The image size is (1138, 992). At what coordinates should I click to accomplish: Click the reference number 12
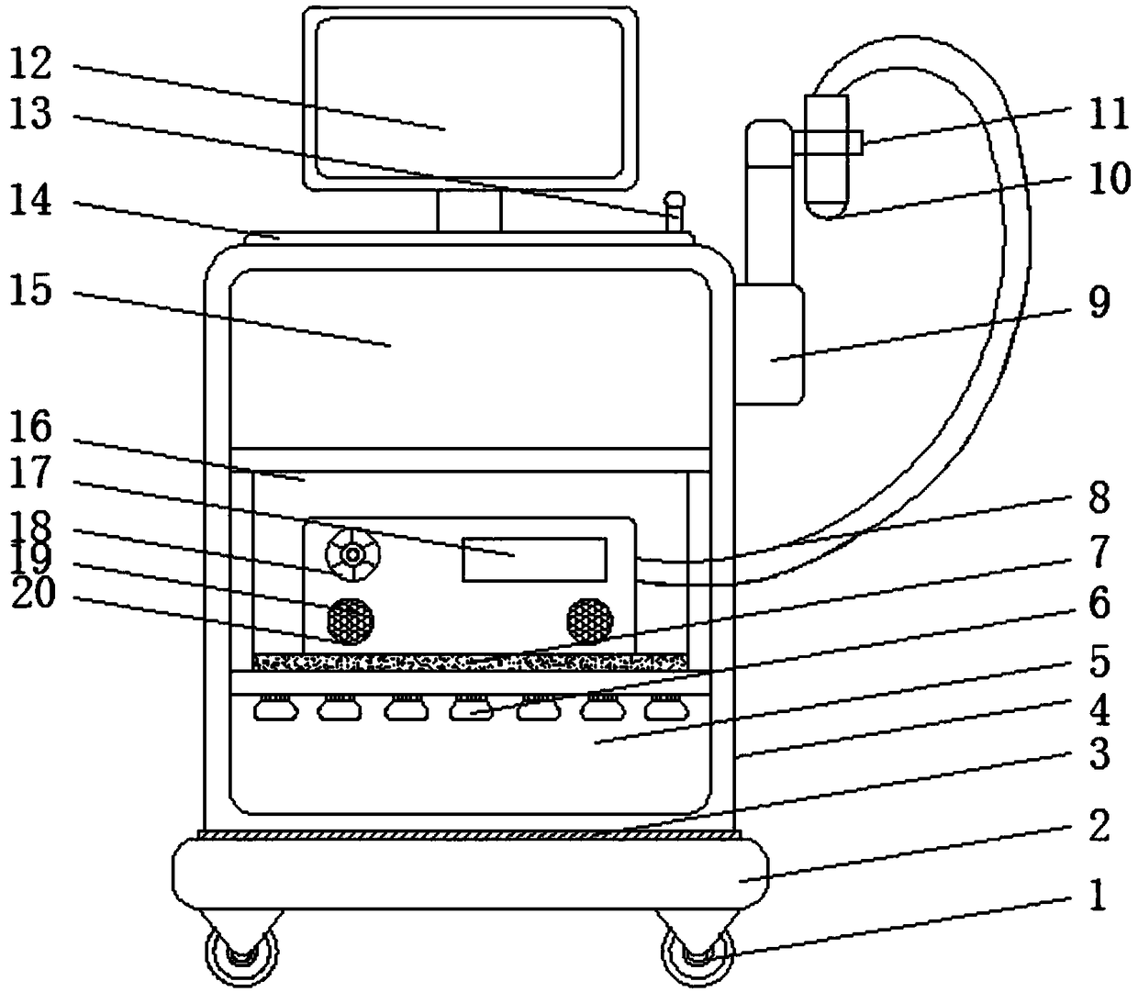pos(31,66)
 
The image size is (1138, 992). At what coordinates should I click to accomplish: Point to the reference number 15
pos(31,293)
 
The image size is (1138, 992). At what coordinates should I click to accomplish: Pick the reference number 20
pos(31,596)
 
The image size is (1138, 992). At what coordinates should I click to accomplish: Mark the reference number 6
pos(1099,603)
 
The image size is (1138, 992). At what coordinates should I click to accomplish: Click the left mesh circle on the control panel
pos(351,620)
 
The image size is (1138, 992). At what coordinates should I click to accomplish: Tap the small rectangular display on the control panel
pos(533,559)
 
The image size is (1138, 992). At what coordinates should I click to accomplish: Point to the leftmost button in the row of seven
pos(273,708)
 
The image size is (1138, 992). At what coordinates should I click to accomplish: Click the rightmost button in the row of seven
pos(665,708)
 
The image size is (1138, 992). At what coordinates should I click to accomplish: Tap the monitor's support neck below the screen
pos(469,211)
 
